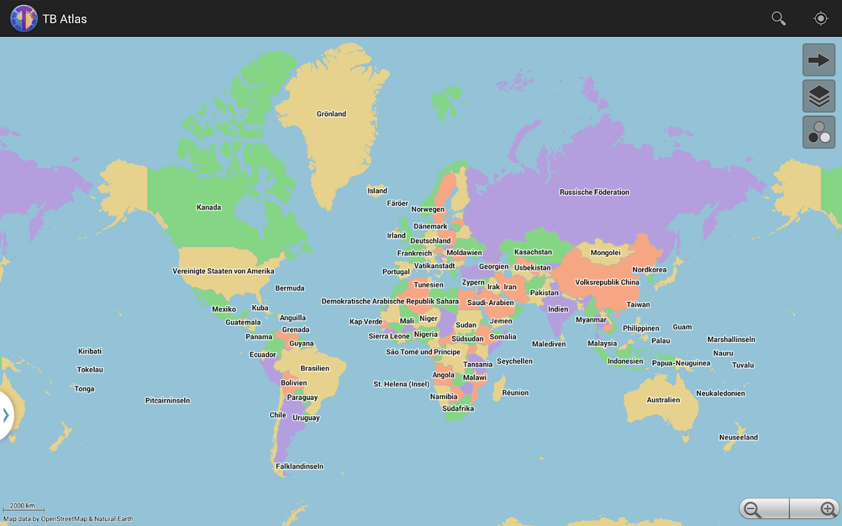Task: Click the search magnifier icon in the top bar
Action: (x=778, y=19)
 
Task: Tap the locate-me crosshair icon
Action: (x=820, y=19)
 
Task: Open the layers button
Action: (x=819, y=96)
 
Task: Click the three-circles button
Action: (x=819, y=133)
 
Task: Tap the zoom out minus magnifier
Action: (x=753, y=509)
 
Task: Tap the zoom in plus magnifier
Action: (x=827, y=509)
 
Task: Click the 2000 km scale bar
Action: (x=23, y=508)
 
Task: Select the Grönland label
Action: (x=332, y=114)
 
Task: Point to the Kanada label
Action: (x=209, y=207)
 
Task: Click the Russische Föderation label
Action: (x=594, y=192)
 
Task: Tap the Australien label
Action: (x=663, y=400)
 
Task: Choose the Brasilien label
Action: (x=315, y=369)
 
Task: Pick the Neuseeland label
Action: (x=738, y=438)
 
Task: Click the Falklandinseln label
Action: (x=299, y=466)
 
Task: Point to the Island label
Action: (x=377, y=191)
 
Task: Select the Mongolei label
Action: (x=605, y=253)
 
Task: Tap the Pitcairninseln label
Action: (x=167, y=401)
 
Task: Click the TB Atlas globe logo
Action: (x=24, y=19)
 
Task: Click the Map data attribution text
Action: (x=68, y=519)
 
